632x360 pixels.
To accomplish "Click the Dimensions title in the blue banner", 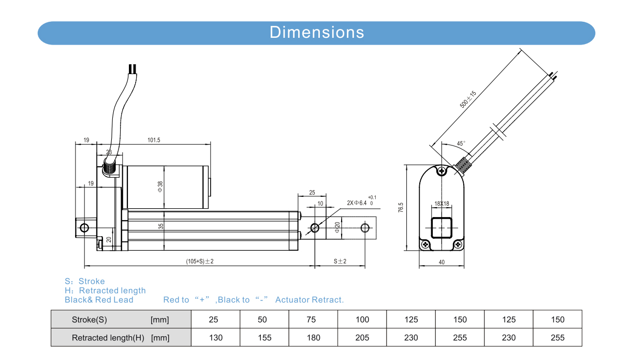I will pyautogui.click(x=317, y=33).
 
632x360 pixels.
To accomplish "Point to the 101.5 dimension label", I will pyautogui.click(x=154, y=140).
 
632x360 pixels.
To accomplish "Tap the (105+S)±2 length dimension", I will pyautogui.click(x=199, y=262).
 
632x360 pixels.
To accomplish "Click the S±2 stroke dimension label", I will pyautogui.click(x=340, y=262).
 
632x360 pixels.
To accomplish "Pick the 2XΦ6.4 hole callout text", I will pyautogui.click(x=357, y=203).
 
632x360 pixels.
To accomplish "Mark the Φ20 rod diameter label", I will pyautogui.click(x=337, y=227).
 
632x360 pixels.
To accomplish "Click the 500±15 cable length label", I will pyautogui.click(x=467, y=99).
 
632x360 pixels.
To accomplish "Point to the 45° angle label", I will pyautogui.click(x=461, y=143).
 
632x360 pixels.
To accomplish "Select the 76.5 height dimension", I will pyautogui.click(x=401, y=208).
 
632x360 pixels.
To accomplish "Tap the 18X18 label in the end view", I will pyautogui.click(x=442, y=204).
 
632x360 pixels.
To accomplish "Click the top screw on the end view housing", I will pyautogui.click(x=442, y=171).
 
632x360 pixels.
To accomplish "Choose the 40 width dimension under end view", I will pyautogui.click(x=442, y=262).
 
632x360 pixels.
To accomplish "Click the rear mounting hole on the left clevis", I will pyautogui.click(x=84, y=227).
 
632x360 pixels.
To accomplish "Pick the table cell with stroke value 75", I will pyautogui.click(x=311, y=320).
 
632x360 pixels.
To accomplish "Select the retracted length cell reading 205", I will pyautogui.click(x=362, y=338).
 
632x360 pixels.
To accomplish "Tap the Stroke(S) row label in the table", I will pyautogui.click(x=90, y=320).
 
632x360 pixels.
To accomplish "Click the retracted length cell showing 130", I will pyautogui.click(x=216, y=338).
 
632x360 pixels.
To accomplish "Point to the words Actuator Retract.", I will pyautogui.click(x=310, y=300).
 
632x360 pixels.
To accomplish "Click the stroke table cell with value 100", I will pyautogui.click(x=362, y=320).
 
